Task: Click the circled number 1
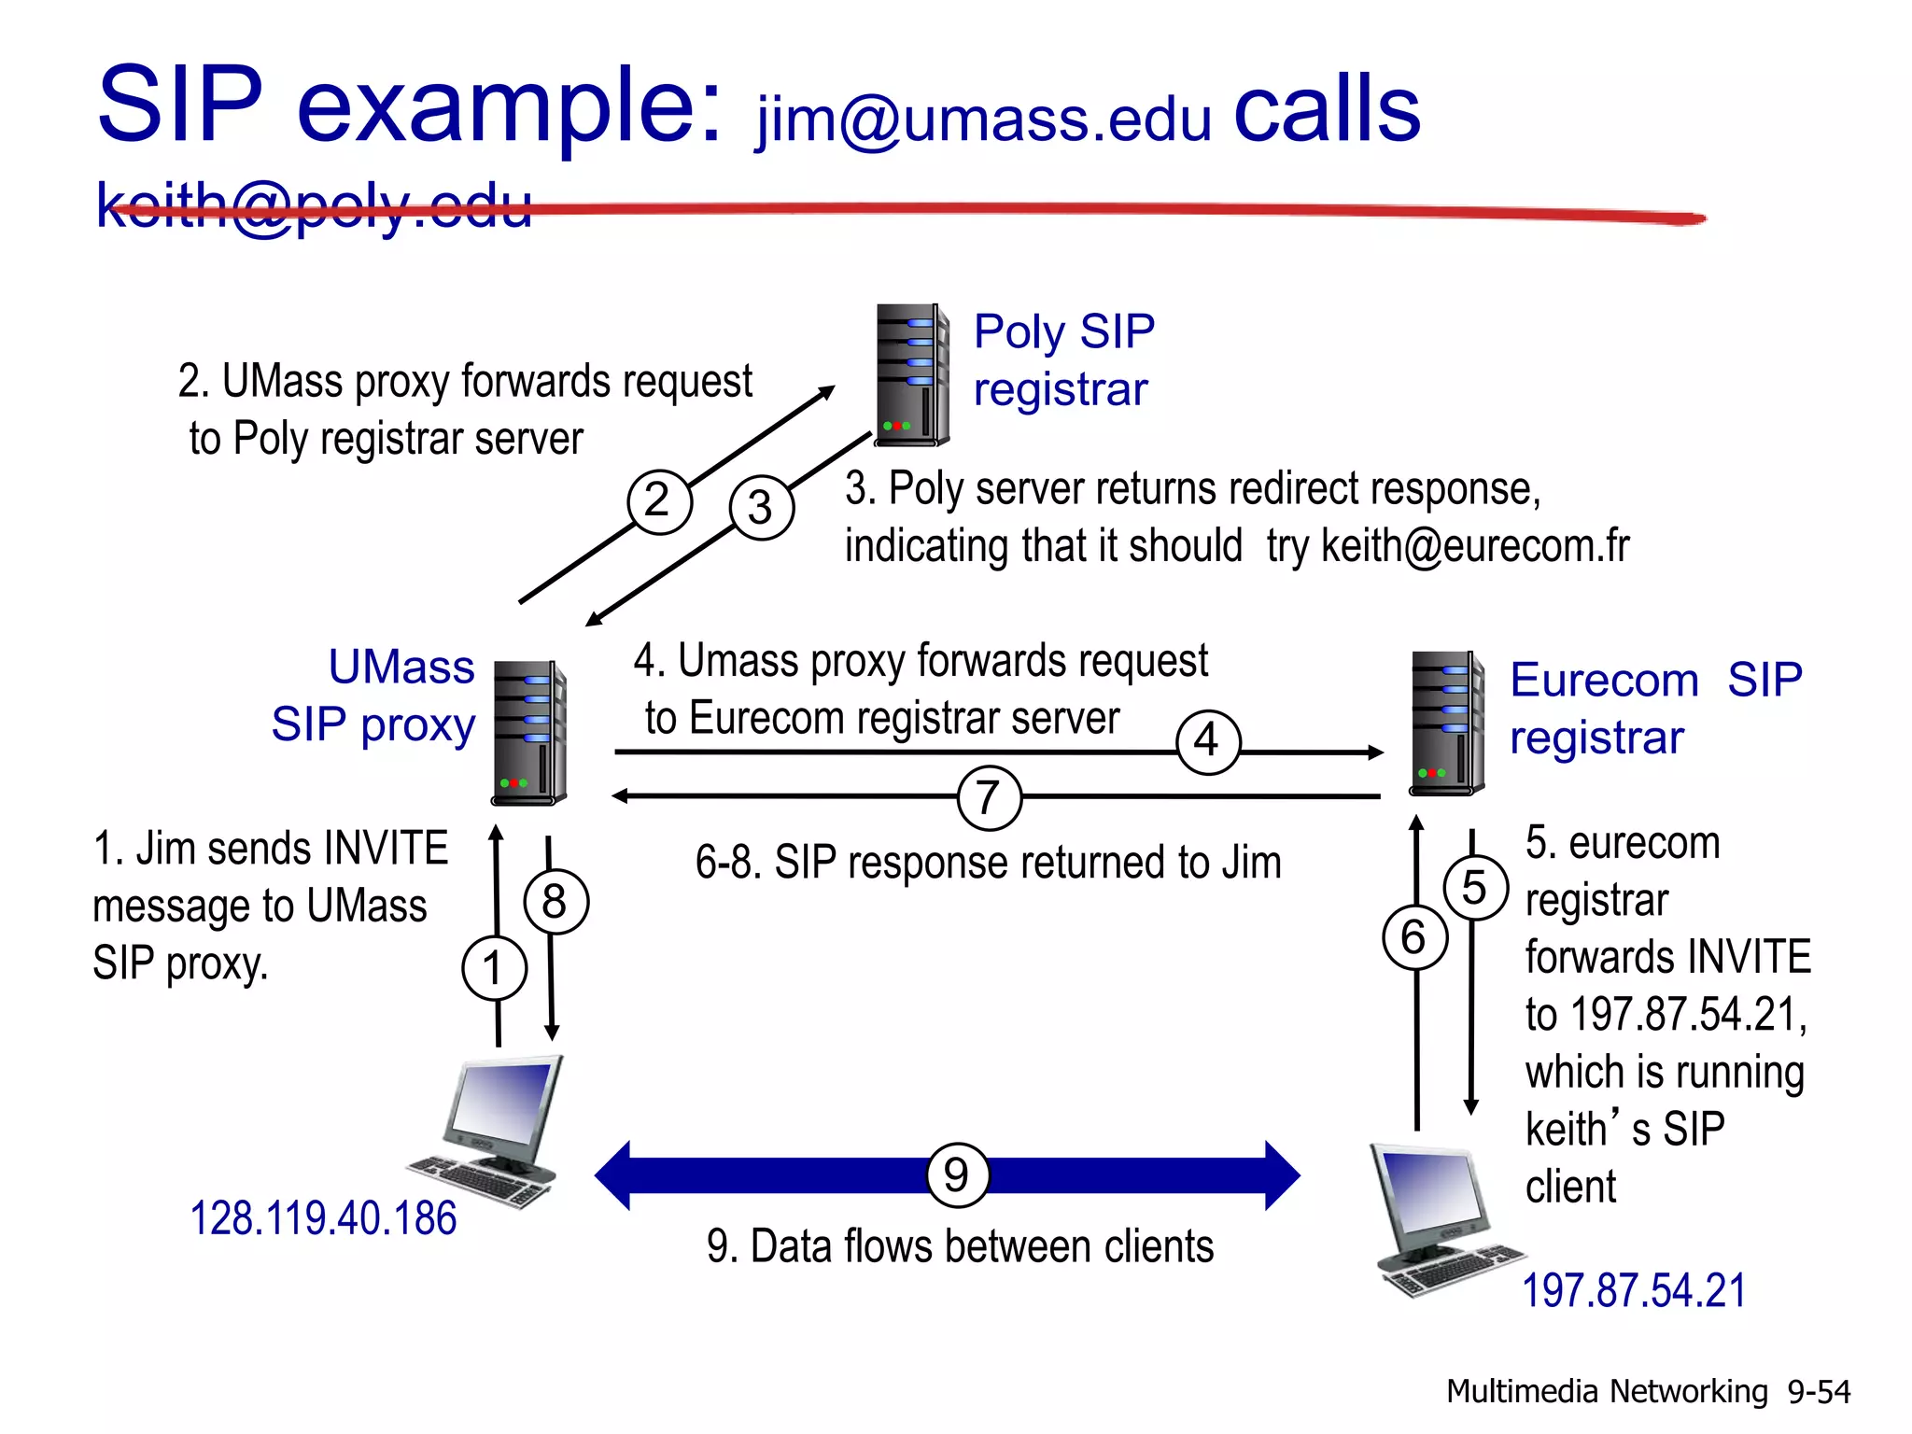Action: click(494, 968)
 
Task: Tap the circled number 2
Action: click(659, 501)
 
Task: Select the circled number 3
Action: click(762, 508)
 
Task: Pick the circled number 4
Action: click(1208, 742)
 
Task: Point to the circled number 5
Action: click(1475, 888)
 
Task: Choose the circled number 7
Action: click(990, 798)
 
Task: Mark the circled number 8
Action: click(555, 902)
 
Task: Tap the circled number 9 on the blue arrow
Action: click(957, 1174)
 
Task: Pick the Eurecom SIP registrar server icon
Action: click(1446, 724)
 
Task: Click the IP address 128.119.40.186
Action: click(323, 1219)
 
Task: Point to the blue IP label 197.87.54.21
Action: click(1634, 1291)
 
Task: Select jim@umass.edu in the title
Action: click(984, 119)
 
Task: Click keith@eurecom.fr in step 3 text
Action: click(1475, 546)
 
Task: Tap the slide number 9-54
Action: click(1818, 1392)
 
